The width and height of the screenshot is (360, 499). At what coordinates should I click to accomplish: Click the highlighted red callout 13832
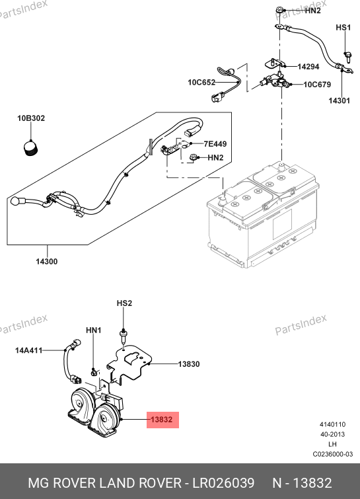(162, 420)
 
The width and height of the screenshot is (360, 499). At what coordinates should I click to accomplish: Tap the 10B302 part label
(31, 118)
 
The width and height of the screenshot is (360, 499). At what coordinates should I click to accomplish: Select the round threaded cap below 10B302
(31, 149)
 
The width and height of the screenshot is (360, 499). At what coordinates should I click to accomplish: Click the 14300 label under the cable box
(47, 262)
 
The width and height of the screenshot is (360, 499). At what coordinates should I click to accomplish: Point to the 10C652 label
(201, 83)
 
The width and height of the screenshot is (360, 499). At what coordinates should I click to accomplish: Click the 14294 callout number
(308, 67)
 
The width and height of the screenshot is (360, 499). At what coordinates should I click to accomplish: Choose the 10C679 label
(317, 85)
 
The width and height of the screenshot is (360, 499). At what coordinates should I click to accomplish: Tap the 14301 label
(339, 100)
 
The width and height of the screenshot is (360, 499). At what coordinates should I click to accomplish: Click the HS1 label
(343, 27)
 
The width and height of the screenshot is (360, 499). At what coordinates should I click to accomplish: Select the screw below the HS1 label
(347, 58)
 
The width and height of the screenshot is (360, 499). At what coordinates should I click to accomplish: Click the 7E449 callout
(215, 144)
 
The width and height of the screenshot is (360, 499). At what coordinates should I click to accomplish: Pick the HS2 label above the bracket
(124, 303)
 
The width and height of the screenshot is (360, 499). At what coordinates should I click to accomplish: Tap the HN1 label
(94, 330)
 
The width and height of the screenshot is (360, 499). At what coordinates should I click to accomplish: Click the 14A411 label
(29, 350)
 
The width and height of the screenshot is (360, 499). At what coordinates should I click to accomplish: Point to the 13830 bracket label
(189, 364)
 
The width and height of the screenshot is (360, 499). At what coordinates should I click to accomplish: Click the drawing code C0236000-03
(333, 454)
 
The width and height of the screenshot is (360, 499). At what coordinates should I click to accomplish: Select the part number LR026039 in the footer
(223, 483)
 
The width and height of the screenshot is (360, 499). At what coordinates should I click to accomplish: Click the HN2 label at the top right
(313, 11)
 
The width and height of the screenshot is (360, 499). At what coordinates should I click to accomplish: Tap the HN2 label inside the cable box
(215, 157)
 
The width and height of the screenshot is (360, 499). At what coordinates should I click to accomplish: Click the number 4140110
(333, 424)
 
